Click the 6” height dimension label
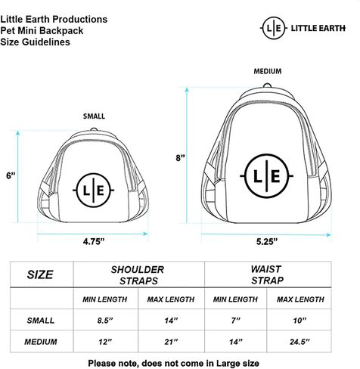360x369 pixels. click(x=11, y=175)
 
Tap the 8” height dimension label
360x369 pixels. click(x=180, y=158)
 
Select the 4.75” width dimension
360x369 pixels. click(x=94, y=241)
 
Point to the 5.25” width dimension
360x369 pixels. click(x=267, y=241)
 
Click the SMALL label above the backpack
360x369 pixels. click(x=94, y=116)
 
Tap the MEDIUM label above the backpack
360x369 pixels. click(x=268, y=71)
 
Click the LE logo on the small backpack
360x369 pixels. click(x=94, y=191)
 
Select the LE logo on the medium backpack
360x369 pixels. click(x=266, y=175)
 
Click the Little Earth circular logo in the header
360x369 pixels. click(x=274, y=28)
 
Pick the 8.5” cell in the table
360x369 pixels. click(x=105, y=321)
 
